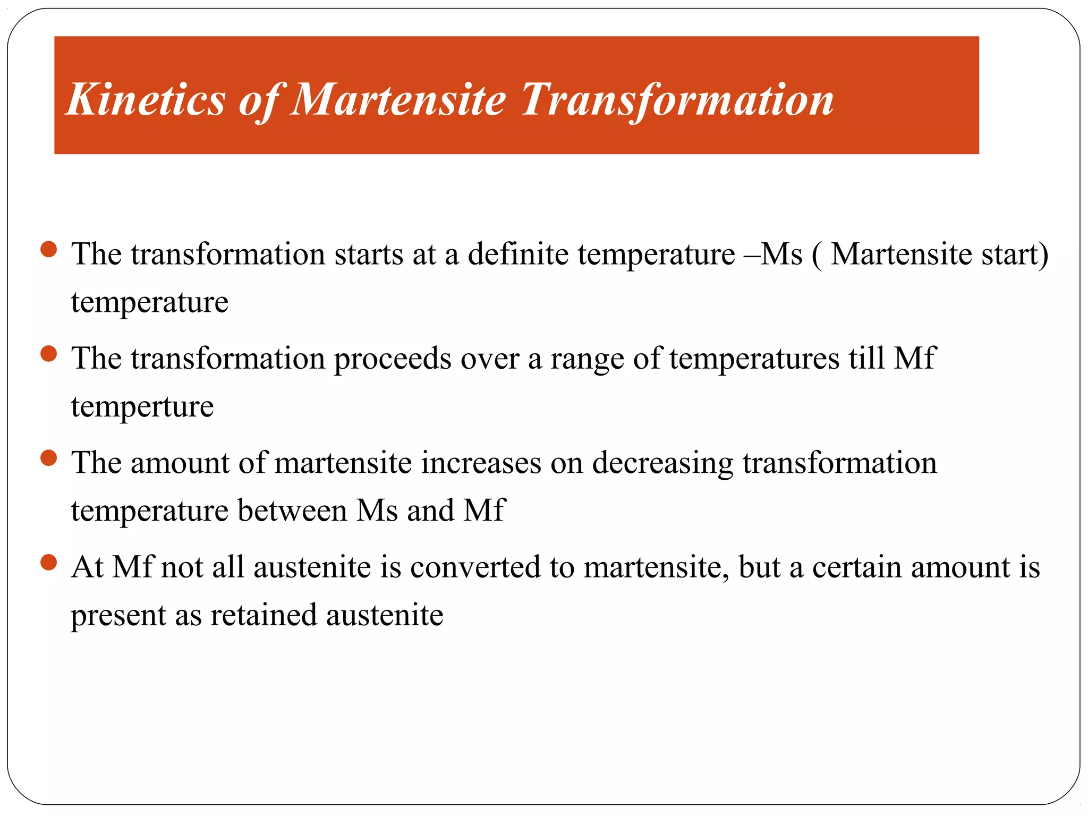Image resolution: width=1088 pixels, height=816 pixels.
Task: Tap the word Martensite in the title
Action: [x=398, y=100]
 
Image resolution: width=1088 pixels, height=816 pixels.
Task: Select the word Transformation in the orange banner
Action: [x=677, y=100]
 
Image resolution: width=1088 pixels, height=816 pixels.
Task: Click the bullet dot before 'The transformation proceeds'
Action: [x=48, y=354]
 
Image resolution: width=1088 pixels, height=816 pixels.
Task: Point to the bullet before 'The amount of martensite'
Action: [x=48, y=458]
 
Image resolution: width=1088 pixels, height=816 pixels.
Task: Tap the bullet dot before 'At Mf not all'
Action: [x=48, y=562]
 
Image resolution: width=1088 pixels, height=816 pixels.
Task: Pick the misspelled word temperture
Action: [x=142, y=407]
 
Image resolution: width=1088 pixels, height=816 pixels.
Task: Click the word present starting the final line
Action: [x=118, y=616]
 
